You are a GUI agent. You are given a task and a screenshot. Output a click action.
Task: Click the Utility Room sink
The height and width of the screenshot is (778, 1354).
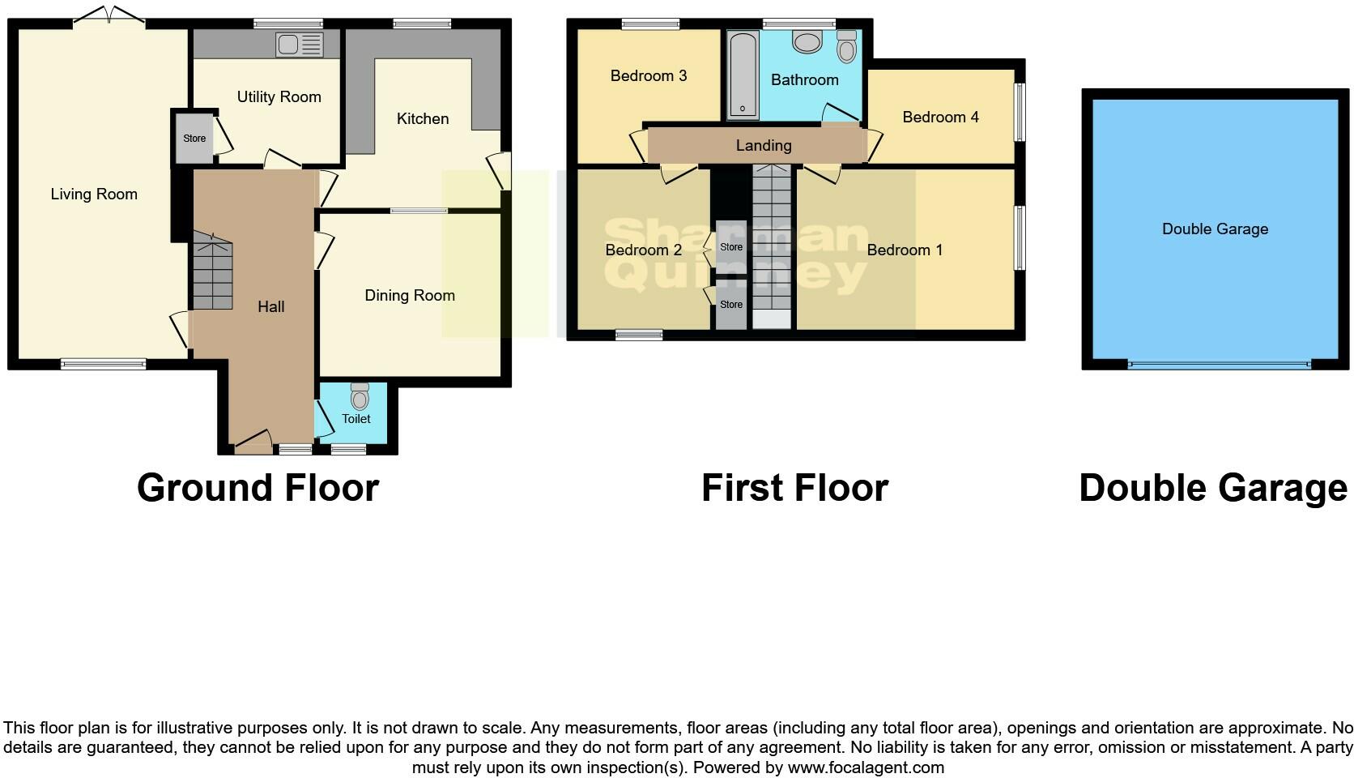click(x=299, y=45)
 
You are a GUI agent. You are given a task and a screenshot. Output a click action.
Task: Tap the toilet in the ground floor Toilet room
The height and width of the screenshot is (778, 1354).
click(x=360, y=396)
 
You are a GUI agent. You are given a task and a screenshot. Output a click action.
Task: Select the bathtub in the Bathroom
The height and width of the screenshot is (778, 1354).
click(x=743, y=75)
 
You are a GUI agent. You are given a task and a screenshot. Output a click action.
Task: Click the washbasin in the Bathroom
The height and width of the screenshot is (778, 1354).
click(x=807, y=41)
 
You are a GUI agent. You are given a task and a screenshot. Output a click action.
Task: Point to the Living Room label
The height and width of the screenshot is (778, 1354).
click(x=94, y=194)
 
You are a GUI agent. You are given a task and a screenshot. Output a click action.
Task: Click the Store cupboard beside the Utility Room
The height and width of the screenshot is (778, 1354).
click(x=194, y=139)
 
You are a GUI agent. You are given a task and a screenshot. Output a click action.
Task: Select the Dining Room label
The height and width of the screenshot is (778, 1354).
click(x=409, y=295)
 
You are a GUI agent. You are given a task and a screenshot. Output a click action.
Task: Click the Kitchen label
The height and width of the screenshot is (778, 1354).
click(x=422, y=118)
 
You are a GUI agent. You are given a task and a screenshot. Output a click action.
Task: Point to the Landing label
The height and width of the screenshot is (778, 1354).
click(x=763, y=145)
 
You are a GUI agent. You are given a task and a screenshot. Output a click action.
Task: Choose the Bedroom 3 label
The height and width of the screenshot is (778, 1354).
click(x=648, y=75)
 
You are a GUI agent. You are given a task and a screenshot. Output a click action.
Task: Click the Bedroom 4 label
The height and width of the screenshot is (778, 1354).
click(x=940, y=117)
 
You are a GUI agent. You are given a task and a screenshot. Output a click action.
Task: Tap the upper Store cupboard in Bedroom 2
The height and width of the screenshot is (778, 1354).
click(x=730, y=246)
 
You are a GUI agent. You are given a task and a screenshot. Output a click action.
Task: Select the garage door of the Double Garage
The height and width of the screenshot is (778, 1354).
click(x=1217, y=365)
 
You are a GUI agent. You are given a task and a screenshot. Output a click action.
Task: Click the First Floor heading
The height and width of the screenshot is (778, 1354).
click(x=794, y=488)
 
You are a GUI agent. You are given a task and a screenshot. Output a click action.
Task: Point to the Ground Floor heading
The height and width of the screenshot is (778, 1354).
click(x=258, y=488)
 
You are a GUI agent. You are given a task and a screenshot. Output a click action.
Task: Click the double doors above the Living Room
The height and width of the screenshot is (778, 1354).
click(x=109, y=16)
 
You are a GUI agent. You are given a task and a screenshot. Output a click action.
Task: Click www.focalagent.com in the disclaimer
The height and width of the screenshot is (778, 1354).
click(x=865, y=767)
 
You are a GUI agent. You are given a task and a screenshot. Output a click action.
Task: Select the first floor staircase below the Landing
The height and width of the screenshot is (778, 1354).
click(x=771, y=243)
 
